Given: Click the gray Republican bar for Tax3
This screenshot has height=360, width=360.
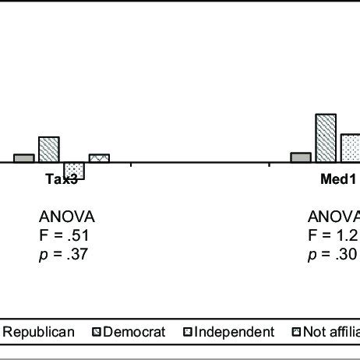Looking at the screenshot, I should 23,158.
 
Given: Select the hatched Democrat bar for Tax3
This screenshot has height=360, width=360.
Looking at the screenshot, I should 49,150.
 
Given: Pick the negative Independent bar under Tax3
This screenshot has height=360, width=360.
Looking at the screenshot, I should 74,171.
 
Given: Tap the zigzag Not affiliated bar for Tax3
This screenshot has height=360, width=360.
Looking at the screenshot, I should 99,158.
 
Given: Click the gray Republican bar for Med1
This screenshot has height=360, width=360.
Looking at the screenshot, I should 301,157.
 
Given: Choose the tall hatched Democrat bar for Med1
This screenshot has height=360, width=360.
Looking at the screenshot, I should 326,138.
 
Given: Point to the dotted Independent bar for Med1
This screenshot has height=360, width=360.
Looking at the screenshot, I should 350,148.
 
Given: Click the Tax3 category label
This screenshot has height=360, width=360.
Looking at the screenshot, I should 62,178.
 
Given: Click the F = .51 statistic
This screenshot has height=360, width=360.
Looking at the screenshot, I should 65,235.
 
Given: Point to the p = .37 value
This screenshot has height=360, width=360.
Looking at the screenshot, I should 64,253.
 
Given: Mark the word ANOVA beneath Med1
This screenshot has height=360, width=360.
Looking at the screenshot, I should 334,217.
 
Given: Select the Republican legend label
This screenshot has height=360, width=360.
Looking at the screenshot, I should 39,333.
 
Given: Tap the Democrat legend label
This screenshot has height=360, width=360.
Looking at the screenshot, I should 134,333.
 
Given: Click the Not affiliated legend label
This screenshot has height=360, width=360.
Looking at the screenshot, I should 331,333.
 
